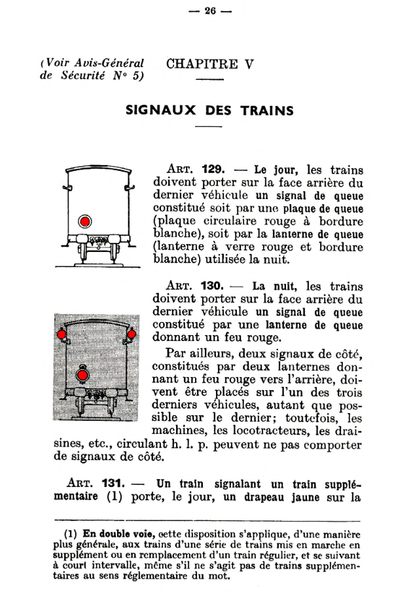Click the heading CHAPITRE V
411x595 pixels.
pyautogui.click(x=210, y=64)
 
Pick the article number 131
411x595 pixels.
pyautogui.click(x=116, y=484)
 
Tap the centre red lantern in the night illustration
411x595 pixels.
pyautogui.click(x=82, y=374)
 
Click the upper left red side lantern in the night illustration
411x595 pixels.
pyautogui.click(x=61, y=335)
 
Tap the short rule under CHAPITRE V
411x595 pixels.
pyautogui.click(x=209, y=80)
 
